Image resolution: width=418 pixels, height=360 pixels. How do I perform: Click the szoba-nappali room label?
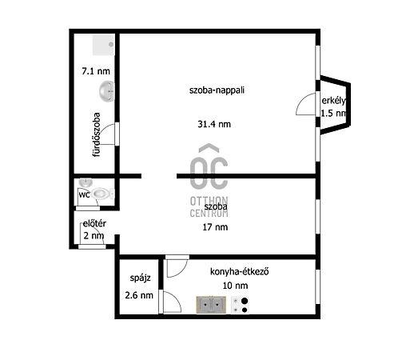(217, 90)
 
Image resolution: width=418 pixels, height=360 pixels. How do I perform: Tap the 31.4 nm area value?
(214, 124)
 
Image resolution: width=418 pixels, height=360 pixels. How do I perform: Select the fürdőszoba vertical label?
(96, 134)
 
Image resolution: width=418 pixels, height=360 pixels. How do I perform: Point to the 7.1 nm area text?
(96, 71)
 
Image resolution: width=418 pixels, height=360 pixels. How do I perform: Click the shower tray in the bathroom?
(103, 45)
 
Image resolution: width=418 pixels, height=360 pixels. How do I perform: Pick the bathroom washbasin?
(106, 91)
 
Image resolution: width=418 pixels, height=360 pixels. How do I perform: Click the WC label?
(84, 195)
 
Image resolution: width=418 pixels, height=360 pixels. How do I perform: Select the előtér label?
(94, 224)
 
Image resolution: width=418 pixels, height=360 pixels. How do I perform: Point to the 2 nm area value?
(94, 236)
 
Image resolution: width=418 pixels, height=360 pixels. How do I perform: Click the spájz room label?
(140, 278)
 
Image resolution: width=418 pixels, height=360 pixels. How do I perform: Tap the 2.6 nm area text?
(139, 295)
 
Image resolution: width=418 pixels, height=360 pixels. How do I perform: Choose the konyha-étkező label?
(240, 272)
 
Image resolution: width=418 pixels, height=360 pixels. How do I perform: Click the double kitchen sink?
(211, 305)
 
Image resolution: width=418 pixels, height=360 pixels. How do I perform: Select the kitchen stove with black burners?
(241, 305)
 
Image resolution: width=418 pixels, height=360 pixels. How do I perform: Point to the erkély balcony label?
(334, 101)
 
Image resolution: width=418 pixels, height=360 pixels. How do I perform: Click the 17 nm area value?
(215, 227)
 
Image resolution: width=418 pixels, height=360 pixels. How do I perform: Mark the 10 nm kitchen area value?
(235, 286)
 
